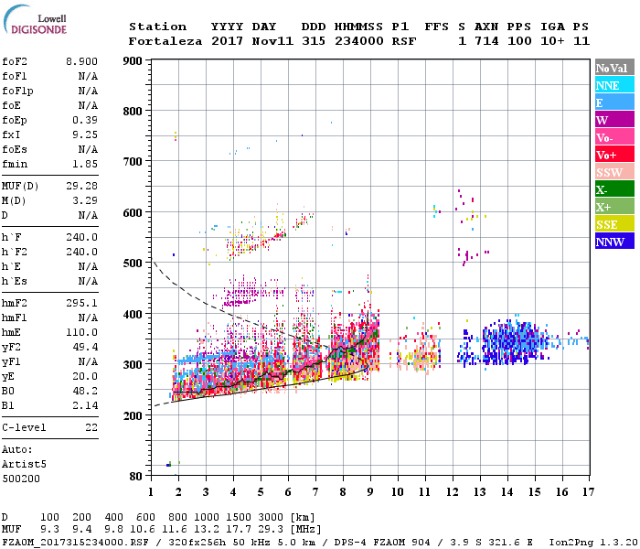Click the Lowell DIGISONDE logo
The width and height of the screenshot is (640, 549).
[x=37, y=22]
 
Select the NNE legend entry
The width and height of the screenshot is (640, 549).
[x=608, y=85]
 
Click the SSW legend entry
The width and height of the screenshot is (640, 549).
[x=610, y=172]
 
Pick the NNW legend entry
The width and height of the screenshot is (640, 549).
[x=610, y=242]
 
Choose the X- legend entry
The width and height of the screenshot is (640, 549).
[x=603, y=189]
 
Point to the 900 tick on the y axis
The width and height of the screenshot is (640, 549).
[x=133, y=60]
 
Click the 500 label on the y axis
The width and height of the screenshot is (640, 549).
[x=133, y=264]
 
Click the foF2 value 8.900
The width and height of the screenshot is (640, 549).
[x=81, y=60]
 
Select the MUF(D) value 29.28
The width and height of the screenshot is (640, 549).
[x=81, y=186]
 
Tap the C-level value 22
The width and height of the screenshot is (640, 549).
[x=91, y=427]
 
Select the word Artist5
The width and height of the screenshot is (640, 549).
[x=22, y=465]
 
